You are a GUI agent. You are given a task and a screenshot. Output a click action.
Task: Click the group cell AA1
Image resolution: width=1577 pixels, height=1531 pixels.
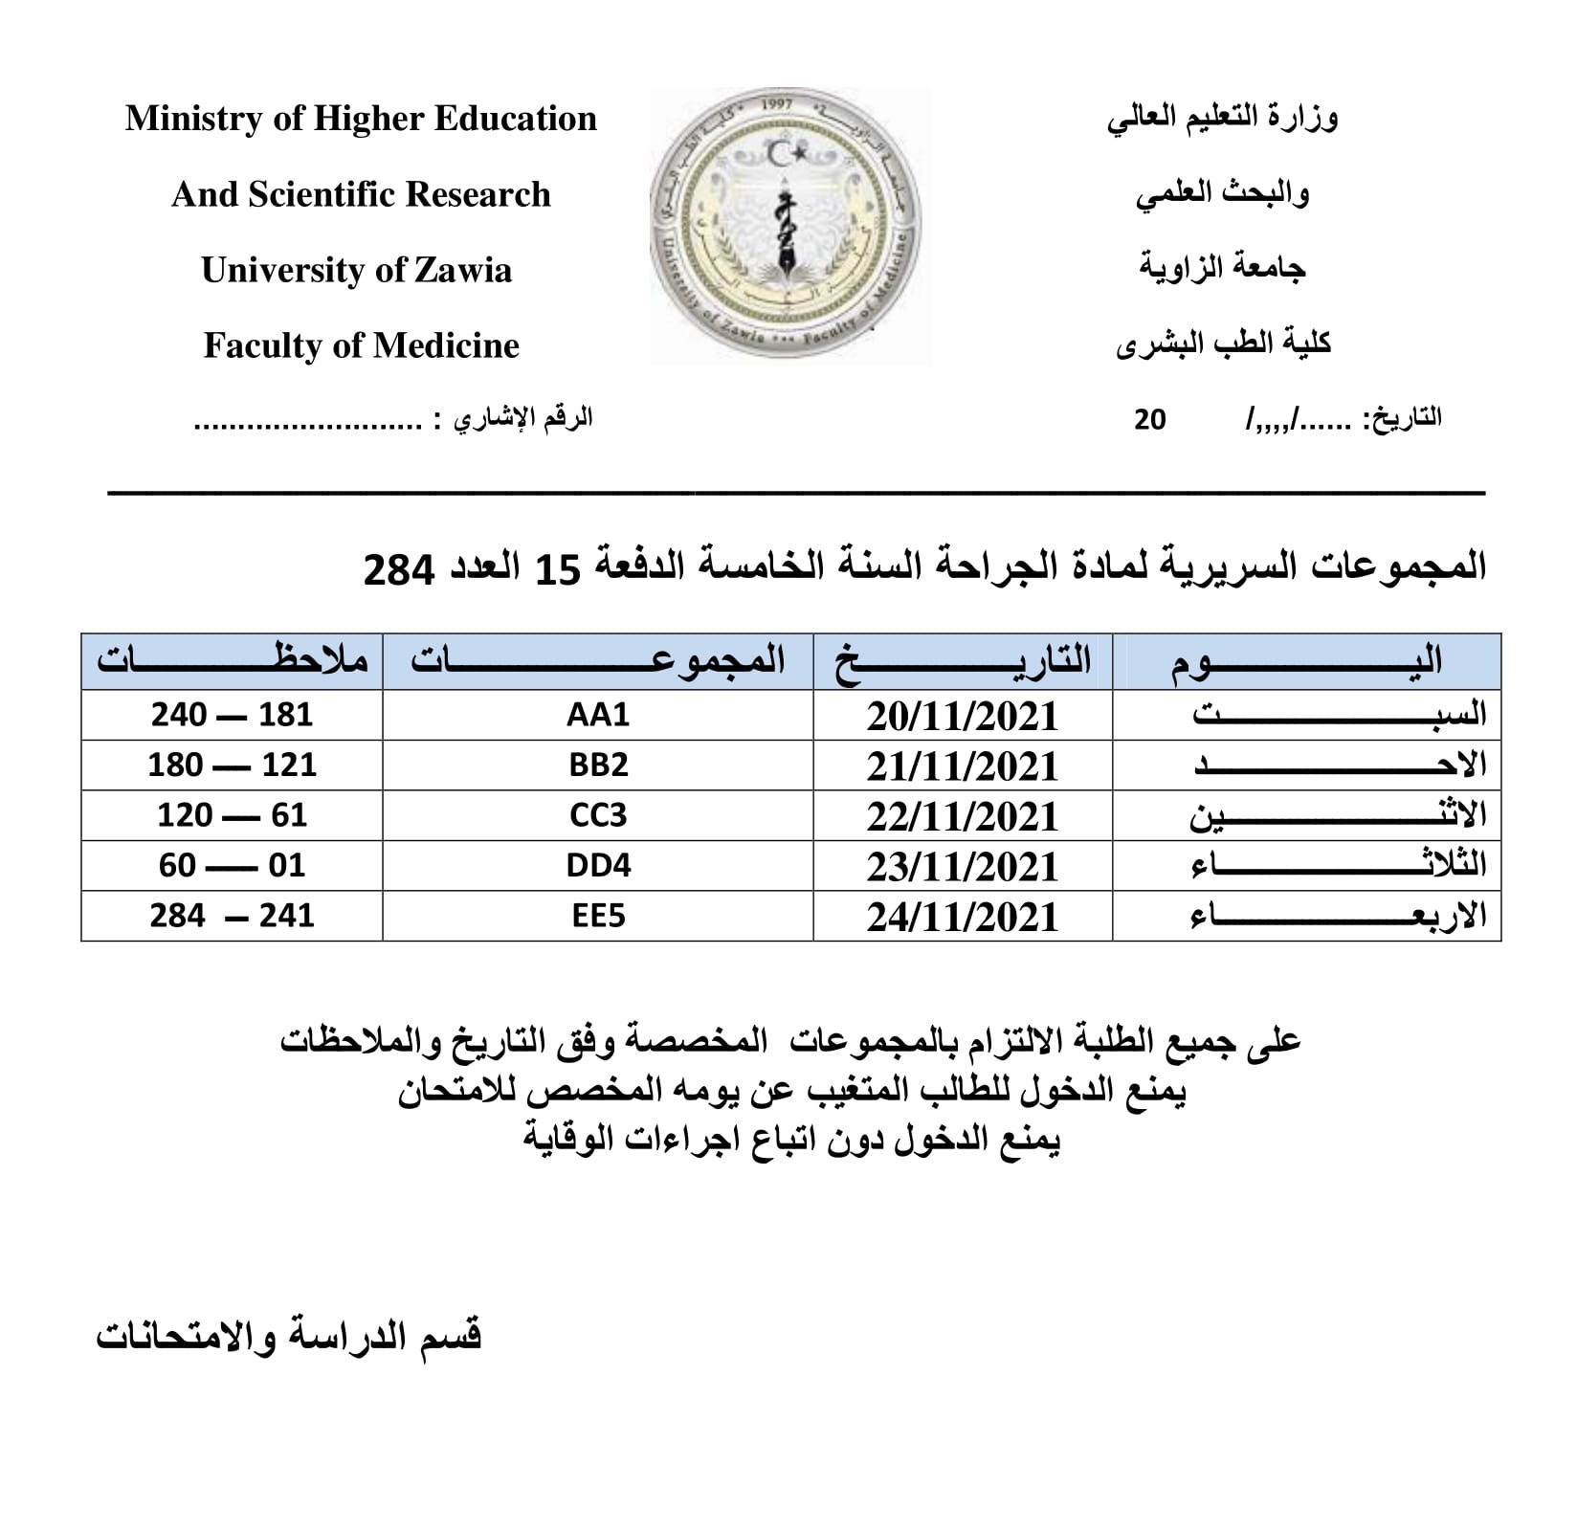click(598, 716)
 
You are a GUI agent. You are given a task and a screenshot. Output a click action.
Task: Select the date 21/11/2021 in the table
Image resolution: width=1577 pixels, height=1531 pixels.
click(963, 766)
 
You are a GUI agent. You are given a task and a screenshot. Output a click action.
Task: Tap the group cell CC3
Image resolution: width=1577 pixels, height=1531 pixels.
click(598, 816)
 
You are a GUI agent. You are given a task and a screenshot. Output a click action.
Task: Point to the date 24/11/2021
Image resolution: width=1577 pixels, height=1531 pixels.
click(963, 917)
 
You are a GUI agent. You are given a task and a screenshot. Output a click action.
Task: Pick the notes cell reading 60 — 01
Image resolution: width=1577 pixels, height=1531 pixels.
click(232, 866)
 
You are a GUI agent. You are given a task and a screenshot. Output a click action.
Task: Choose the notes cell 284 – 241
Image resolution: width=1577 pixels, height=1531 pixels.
click(232, 917)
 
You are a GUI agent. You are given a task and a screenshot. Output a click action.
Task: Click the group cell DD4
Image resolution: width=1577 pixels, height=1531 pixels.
click(598, 866)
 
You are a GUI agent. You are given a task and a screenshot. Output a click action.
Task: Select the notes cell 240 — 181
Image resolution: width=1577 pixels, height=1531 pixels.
click(232, 716)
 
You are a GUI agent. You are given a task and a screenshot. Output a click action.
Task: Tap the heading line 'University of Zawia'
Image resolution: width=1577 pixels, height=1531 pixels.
click(356, 271)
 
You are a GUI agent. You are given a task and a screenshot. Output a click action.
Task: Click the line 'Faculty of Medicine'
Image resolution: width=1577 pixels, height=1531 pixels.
click(361, 345)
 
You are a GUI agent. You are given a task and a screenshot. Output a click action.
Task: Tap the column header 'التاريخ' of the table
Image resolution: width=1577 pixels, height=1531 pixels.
click(963, 661)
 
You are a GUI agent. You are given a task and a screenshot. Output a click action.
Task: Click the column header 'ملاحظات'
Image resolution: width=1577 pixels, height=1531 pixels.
click(232, 661)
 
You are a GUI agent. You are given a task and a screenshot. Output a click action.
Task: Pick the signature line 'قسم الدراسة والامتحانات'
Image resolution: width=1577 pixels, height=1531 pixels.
click(288, 1336)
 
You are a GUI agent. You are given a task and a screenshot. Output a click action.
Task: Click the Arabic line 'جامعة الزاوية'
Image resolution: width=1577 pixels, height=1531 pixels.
click(1222, 268)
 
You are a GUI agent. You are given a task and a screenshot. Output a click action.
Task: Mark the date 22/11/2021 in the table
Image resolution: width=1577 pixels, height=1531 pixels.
click(963, 816)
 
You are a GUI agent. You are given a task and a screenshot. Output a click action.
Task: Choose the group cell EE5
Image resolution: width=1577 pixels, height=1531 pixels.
click(598, 917)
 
